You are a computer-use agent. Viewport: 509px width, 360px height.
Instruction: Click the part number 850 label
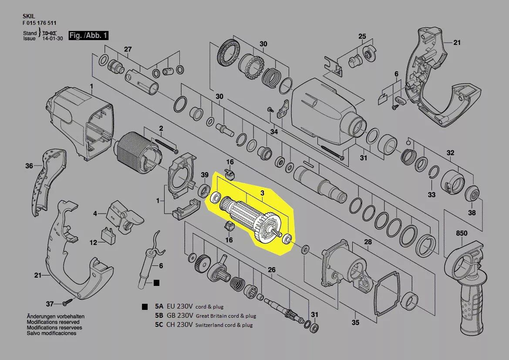click(461, 233)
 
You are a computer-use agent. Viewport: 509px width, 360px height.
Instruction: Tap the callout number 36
click(29, 166)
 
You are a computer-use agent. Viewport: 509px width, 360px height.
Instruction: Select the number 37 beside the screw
click(49, 304)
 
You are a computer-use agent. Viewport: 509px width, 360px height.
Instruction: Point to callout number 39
click(205, 175)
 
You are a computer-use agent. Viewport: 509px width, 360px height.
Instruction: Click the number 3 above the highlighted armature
click(262, 193)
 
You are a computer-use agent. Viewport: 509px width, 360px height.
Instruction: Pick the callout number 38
click(472, 213)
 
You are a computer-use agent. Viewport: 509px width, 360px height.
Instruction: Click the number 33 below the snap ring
click(431, 195)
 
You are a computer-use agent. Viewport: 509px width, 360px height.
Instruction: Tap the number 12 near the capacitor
click(93, 242)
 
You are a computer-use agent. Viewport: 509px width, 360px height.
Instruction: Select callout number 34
click(274, 132)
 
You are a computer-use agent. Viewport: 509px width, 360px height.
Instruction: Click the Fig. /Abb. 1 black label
click(88, 35)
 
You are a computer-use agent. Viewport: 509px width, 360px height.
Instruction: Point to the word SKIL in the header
click(29, 16)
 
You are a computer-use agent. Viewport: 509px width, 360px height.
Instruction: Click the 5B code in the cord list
click(159, 316)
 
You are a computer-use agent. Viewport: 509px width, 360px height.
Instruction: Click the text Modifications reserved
click(53, 322)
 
